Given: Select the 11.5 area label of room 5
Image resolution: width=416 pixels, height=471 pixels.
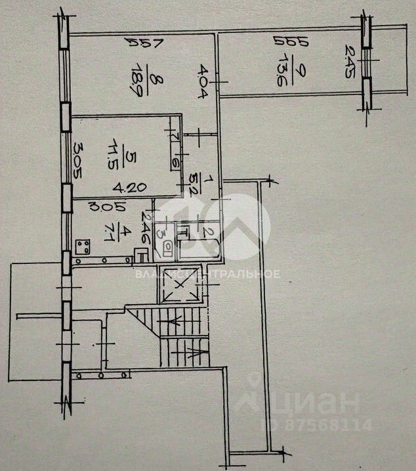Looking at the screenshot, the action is pos(120,157).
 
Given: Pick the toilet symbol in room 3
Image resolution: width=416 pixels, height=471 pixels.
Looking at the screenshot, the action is pos(168,248).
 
